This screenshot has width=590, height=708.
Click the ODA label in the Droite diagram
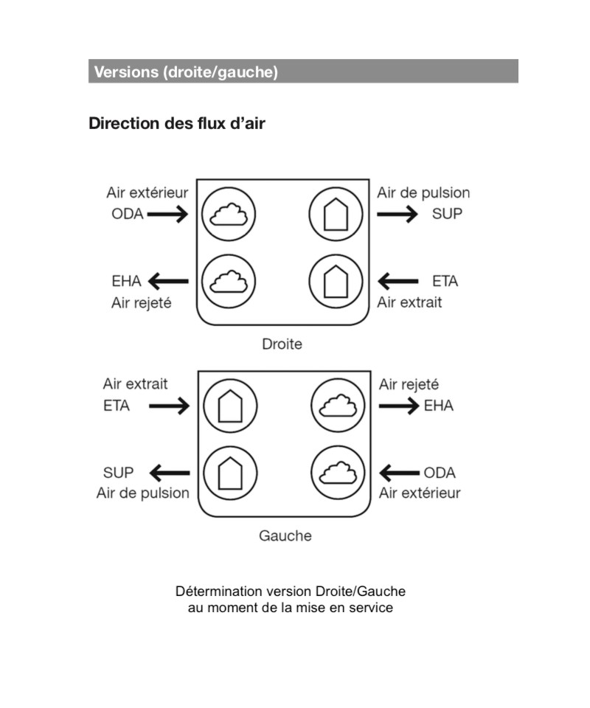(x=128, y=214)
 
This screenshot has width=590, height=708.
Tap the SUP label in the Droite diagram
(x=447, y=214)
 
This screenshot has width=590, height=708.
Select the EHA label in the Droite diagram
(x=126, y=281)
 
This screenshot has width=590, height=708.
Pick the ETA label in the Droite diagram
(x=445, y=281)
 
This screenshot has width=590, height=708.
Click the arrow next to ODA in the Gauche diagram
(x=400, y=473)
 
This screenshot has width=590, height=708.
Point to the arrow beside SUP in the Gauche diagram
(x=170, y=473)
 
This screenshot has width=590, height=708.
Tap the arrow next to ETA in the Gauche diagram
(x=170, y=406)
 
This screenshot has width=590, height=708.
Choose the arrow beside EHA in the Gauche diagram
(x=399, y=406)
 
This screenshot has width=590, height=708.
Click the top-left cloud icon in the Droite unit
(x=229, y=214)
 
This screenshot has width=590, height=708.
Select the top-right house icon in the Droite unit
(x=336, y=214)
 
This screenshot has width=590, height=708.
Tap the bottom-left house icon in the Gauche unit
(x=230, y=473)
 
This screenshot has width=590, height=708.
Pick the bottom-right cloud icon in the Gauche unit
(x=338, y=473)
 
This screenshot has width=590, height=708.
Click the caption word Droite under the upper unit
(x=282, y=344)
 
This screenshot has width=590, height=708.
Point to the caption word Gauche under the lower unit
(x=285, y=535)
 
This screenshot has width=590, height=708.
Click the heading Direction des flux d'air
(x=177, y=123)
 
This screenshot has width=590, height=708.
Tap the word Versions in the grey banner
(x=126, y=72)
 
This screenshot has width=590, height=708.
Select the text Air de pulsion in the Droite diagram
(x=423, y=192)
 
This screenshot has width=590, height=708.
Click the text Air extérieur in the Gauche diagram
(x=420, y=493)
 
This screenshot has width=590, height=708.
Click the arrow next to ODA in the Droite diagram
(x=167, y=214)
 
